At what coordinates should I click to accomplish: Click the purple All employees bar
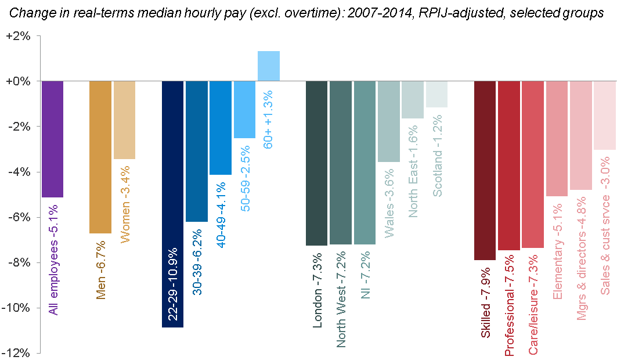pos(52,139)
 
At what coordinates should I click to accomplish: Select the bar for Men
pos(100,157)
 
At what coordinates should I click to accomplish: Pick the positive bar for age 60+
pos(269,66)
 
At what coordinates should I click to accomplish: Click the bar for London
pos(316,163)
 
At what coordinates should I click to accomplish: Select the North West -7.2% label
pos(341,299)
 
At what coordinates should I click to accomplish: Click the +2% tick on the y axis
pos(21,35)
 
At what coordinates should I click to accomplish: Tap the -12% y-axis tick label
pos(19,353)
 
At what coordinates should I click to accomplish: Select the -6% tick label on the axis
pos(21,217)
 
